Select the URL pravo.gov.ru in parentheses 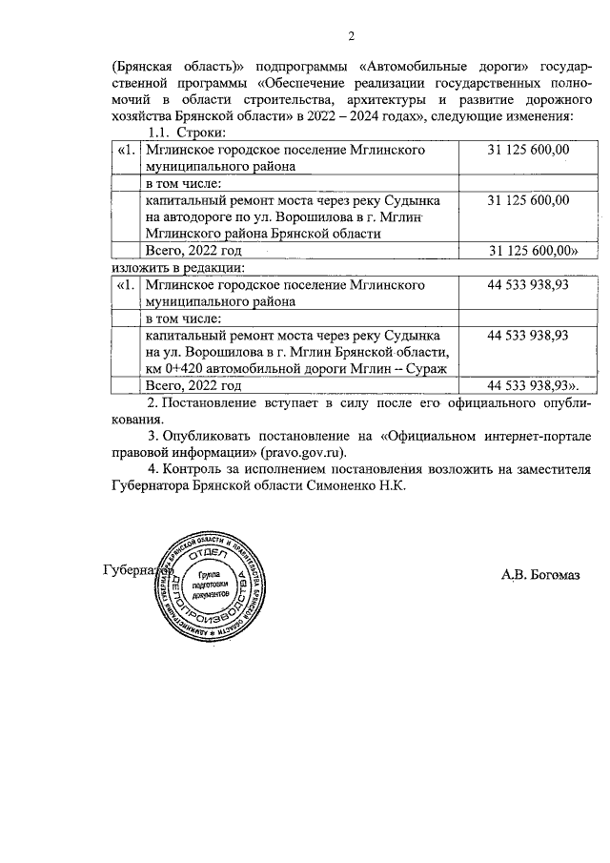pos(306,453)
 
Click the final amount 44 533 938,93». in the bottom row pos(533,386)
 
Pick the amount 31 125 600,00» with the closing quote pos(534,251)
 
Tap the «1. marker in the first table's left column pos(127,150)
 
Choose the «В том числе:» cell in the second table pos(183,318)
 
